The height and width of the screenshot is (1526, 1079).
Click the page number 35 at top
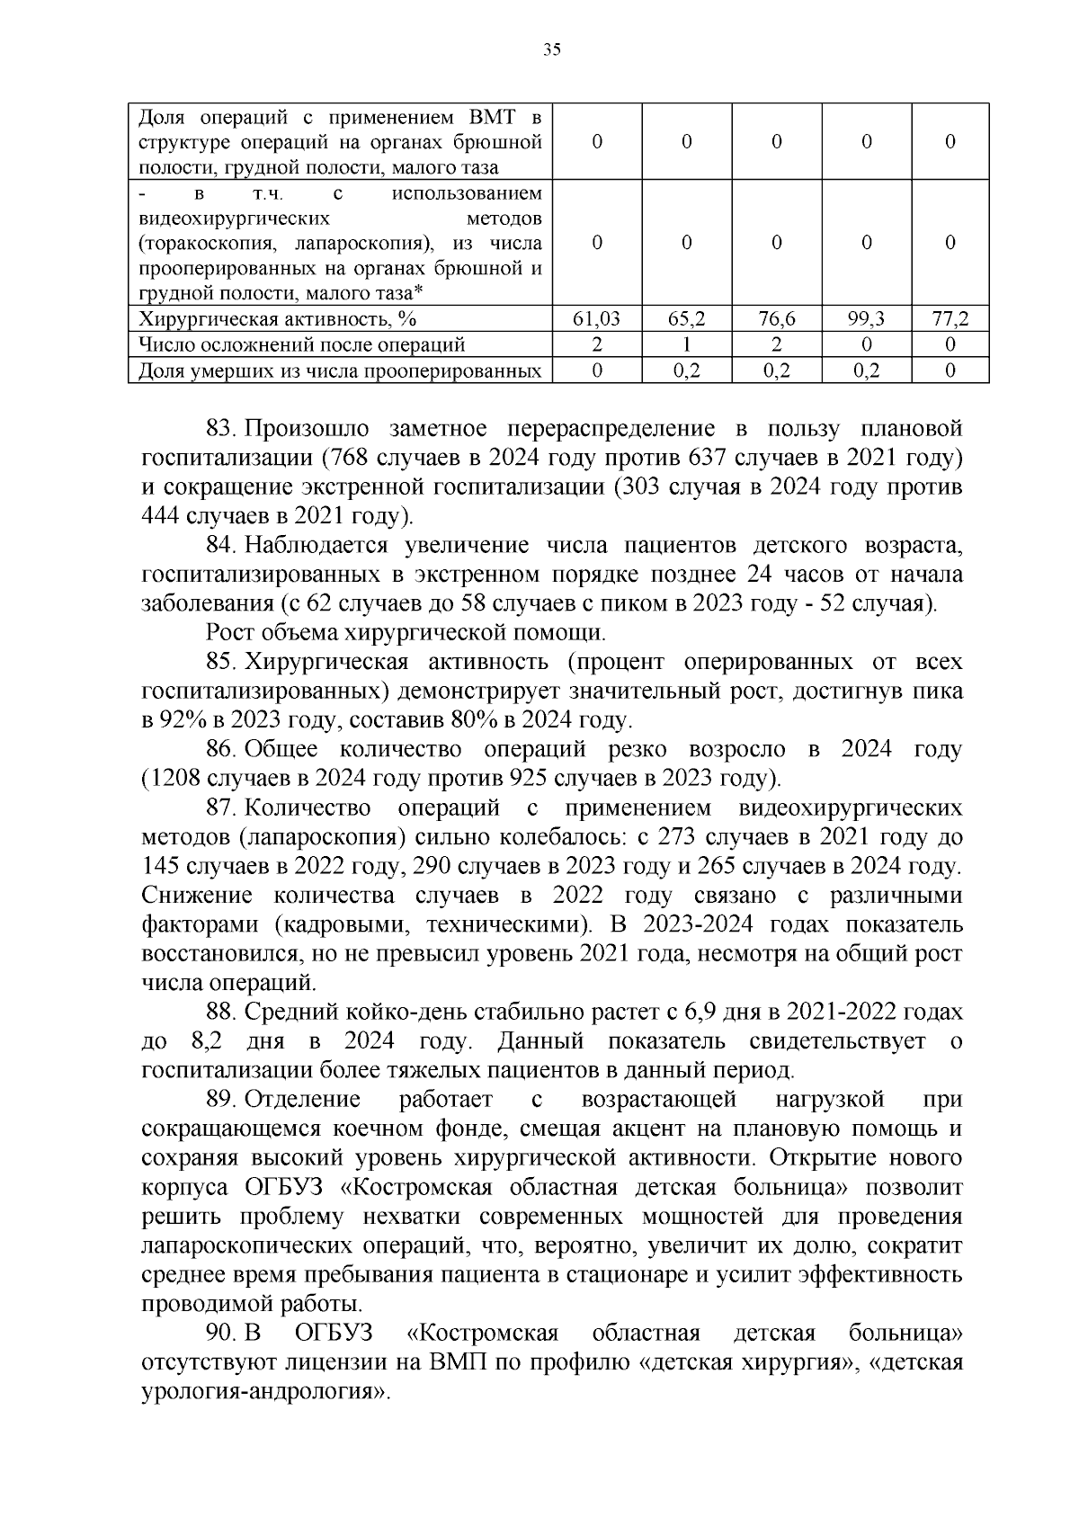(552, 49)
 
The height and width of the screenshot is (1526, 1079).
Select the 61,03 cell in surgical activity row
(596, 318)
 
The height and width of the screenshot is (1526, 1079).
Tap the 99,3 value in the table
(866, 318)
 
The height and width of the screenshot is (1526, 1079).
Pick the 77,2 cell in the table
(950, 318)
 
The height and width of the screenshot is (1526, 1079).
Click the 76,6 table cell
(777, 318)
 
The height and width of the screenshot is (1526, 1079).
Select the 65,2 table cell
(686, 318)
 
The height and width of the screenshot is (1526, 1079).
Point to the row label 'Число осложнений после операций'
(302, 344)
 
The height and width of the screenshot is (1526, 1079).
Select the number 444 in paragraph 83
(161, 516)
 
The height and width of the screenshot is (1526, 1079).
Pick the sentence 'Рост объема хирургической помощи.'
(406, 633)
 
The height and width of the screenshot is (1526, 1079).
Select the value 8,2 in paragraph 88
(208, 1041)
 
